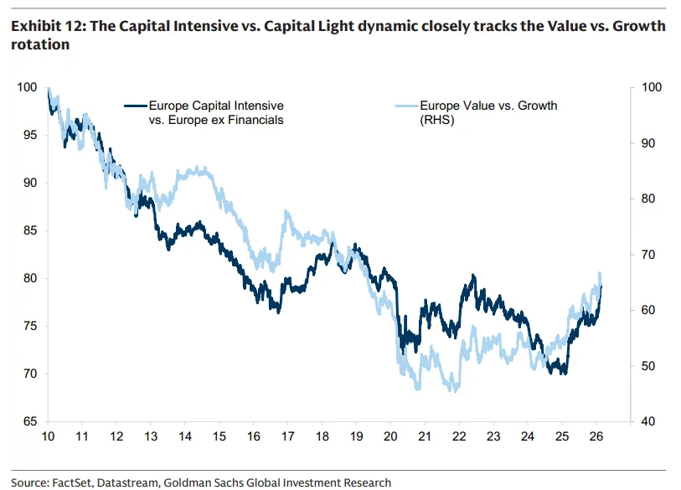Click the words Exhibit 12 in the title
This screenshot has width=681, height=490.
[45, 27]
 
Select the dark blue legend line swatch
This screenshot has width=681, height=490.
[135, 106]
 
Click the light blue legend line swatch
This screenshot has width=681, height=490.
[405, 106]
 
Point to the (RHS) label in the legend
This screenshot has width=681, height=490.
[437, 121]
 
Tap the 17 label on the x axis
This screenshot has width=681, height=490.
[287, 436]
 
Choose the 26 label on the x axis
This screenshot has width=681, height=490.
[596, 436]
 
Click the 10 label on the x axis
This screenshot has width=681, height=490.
[48, 436]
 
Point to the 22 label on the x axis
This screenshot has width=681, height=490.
[459, 436]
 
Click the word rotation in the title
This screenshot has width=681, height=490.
[39, 44]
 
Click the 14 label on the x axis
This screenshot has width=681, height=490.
[184, 436]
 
